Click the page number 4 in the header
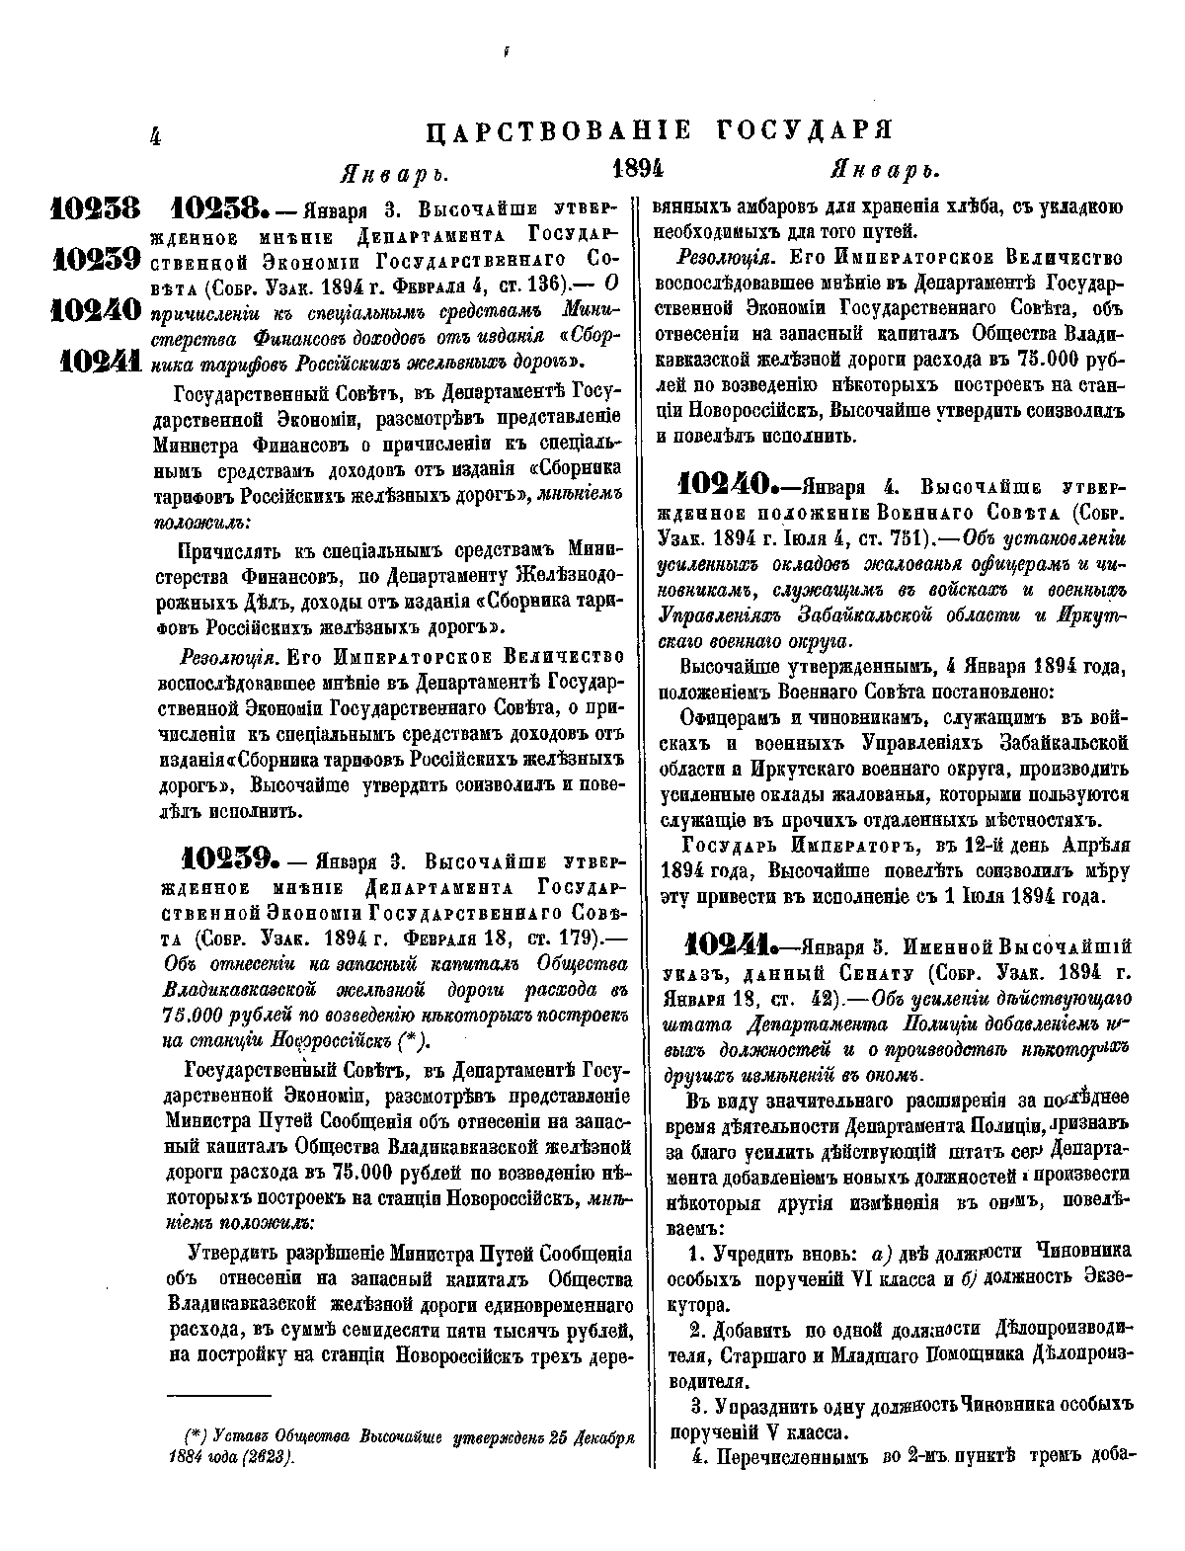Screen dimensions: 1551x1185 154,135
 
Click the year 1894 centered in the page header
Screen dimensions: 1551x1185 638,169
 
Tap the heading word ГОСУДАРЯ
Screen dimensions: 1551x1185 813,131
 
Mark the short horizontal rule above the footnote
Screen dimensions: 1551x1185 218,1395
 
